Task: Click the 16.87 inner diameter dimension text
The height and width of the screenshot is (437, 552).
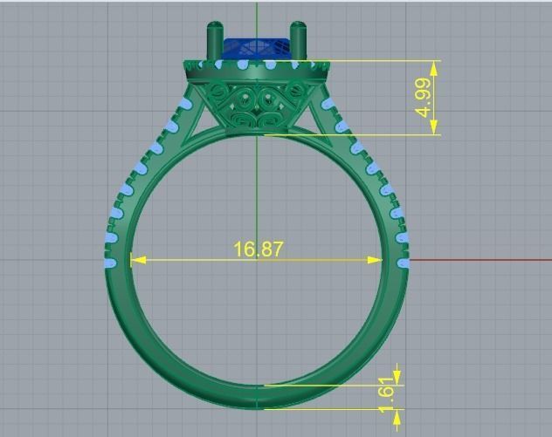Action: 258,249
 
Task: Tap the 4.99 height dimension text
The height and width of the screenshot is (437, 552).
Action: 423,98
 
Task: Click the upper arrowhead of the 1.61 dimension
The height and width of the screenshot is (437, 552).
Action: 397,377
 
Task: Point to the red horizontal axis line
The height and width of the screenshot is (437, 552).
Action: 480,260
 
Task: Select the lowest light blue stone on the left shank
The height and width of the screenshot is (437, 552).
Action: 109,262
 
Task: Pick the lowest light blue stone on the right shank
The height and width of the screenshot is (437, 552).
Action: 404,262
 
